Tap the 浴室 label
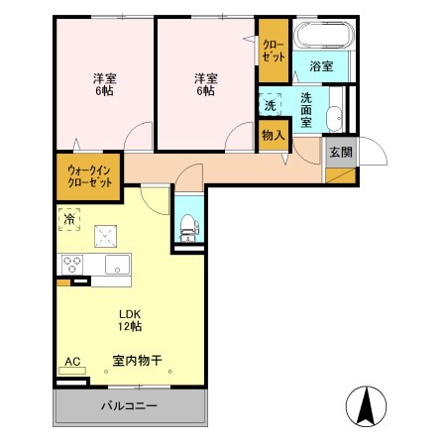[x=319, y=67]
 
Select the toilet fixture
[x=187, y=226]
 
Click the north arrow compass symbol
[x=364, y=405]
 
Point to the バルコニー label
[x=129, y=407]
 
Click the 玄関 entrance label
[x=340, y=152]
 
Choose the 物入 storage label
[x=273, y=135]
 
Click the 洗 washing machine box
[x=270, y=105]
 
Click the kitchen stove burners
[x=72, y=266]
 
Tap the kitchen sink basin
[x=116, y=266]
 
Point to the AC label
[x=71, y=362]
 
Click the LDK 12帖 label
[x=130, y=320]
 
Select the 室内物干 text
[x=138, y=363]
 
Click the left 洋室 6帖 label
[x=104, y=84]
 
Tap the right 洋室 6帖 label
[x=204, y=84]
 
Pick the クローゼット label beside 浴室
[x=273, y=49]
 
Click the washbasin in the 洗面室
[x=335, y=116]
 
